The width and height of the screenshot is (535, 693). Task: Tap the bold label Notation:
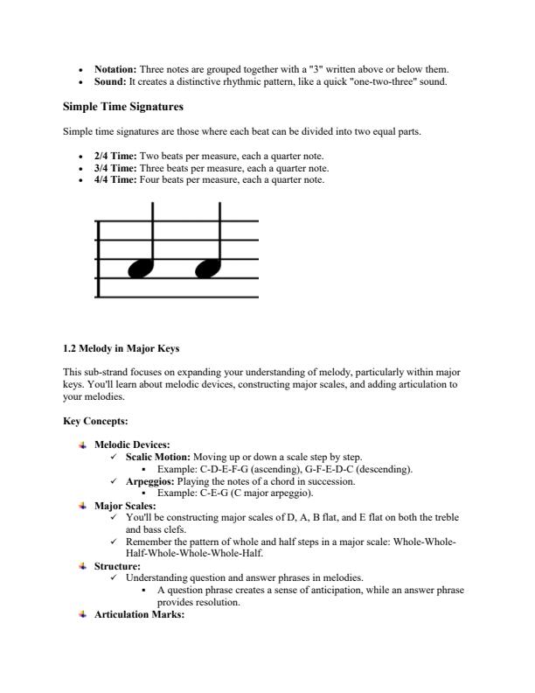click(115, 69)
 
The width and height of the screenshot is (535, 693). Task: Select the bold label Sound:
click(110, 81)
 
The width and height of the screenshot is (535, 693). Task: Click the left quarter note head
click(140, 269)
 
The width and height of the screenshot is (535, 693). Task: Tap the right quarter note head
click(207, 269)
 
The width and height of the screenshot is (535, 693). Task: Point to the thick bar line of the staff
click(97, 259)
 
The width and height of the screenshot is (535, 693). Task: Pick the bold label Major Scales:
click(125, 506)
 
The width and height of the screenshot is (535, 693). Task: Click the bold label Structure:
click(118, 566)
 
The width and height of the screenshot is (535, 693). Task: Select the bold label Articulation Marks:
click(139, 615)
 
